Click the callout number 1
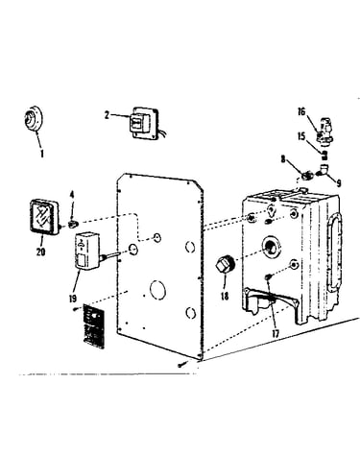tap(41, 154)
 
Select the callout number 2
tap(107, 115)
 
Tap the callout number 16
tap(301, 112)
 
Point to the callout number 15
tap(301, 136)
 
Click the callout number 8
tap(283, 159)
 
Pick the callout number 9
tap(338, 182)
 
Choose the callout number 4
tap(72, 195)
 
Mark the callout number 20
tap(40, 252)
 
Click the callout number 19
tap(73, 299)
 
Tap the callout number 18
tap(225, 296)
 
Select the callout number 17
tap(276, 333)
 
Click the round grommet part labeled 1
tap(33, 118)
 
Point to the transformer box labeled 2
tap(145, 123)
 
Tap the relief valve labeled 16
tap(324, 131)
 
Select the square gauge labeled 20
tap(44, 217)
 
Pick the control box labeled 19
tap(87, 251)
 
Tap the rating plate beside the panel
tap(93, 325)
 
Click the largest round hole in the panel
tap(157, 290)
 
